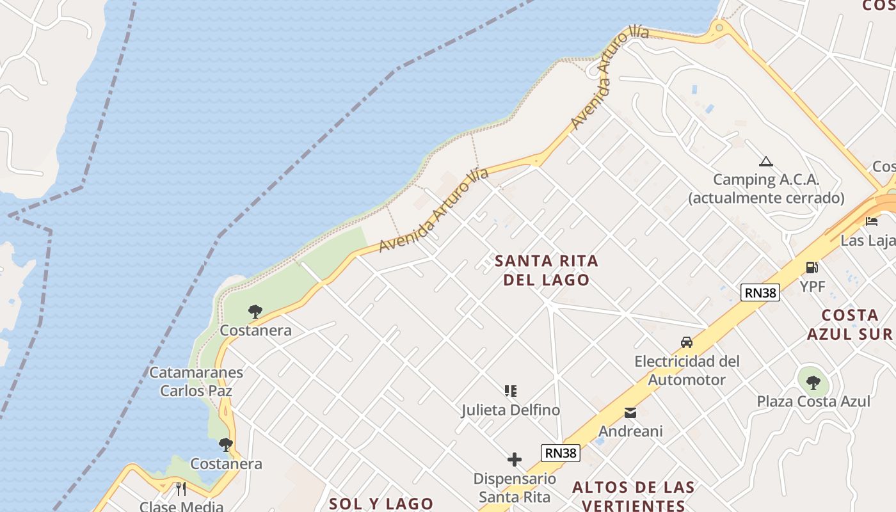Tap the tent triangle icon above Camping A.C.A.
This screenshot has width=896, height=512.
coord(765,161)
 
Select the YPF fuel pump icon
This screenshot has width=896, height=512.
coord(812,267)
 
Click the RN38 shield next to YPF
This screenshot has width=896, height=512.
coord(760,292)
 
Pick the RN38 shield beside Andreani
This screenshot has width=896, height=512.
coord(560,453)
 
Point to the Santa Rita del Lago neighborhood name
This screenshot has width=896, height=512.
coord(547,270)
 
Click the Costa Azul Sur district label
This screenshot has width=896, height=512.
coord(850,324)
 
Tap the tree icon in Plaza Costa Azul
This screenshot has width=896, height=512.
coord(813,383)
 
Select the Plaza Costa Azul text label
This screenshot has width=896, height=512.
coord(813,401)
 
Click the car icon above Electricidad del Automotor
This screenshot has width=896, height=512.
coord(687,342)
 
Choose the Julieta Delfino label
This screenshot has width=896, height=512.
coord(511,410)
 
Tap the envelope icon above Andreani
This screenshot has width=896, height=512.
coord(630,413)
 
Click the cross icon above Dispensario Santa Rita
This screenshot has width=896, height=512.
coord(515,460)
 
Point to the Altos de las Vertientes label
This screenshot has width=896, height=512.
coord(633,496)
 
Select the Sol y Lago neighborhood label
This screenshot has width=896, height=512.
coord(381,504)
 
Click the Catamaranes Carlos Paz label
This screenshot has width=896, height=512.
coord(196,381)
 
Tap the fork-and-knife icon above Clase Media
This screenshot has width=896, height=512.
coord(181,489)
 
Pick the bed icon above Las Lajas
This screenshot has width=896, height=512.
coord(872,221)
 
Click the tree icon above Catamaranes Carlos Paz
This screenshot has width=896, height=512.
coord(255,312)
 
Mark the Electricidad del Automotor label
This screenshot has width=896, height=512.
coord(687,371)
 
